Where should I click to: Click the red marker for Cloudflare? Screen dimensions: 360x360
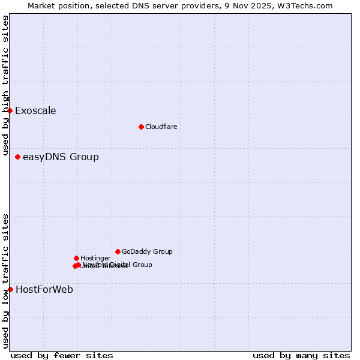click(x=141, y=127)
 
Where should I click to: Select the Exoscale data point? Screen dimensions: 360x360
click(x=10, y=110)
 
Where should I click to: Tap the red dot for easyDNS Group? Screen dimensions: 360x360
click(x=17, y=157)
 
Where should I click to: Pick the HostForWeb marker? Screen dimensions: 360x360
click(x=10, y=289)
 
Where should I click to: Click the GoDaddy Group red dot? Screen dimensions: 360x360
click(x=118, y=251)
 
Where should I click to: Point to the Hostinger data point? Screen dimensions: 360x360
click(x=76, y=258)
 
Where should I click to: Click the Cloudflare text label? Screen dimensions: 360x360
click(x=161, y=127)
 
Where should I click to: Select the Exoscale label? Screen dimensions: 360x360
click(x=35, y=110)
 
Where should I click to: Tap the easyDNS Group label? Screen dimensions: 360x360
click(x=61, y=157)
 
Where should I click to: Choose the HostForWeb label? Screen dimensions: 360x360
click(x=44, y=290)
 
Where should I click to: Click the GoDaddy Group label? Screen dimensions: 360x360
click(x=147, y=252)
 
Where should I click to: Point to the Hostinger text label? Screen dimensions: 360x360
click(x=95, y=258)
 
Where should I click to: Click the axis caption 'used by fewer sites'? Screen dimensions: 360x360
click(x=62, y=355)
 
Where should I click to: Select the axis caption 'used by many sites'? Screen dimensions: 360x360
click(x=301, y=355)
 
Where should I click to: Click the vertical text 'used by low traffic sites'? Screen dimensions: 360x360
click(x=5, y=281)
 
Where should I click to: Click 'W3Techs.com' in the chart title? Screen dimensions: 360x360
click(x=307, y=5)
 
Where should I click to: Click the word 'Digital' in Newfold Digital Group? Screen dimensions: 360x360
click(x=121, y=265)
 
